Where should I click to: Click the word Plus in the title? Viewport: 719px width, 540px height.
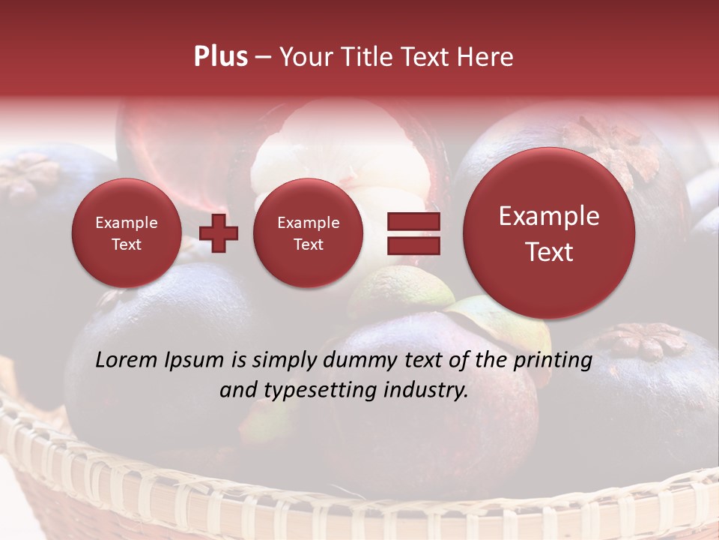coord(220,57)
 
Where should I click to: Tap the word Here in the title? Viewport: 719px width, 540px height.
coord(486,57)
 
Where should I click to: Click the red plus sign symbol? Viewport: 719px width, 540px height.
coord(219,233)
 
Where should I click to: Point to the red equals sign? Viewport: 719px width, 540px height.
coord(413,233)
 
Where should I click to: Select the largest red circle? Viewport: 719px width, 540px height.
coord(549,233)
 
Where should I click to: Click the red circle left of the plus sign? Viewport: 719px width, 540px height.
coord(126,233)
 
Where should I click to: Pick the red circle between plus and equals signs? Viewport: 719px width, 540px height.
coord(308,233)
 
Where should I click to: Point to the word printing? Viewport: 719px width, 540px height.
coord(553,361)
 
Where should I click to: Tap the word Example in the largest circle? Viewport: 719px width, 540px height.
coord(549,216)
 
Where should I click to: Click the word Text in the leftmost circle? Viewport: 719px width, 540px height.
coord(126,244)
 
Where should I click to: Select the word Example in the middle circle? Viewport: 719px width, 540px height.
coord(308,223)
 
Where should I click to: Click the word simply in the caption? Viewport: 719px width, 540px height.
coord(282,361)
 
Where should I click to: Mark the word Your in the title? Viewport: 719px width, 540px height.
coord(306,57)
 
